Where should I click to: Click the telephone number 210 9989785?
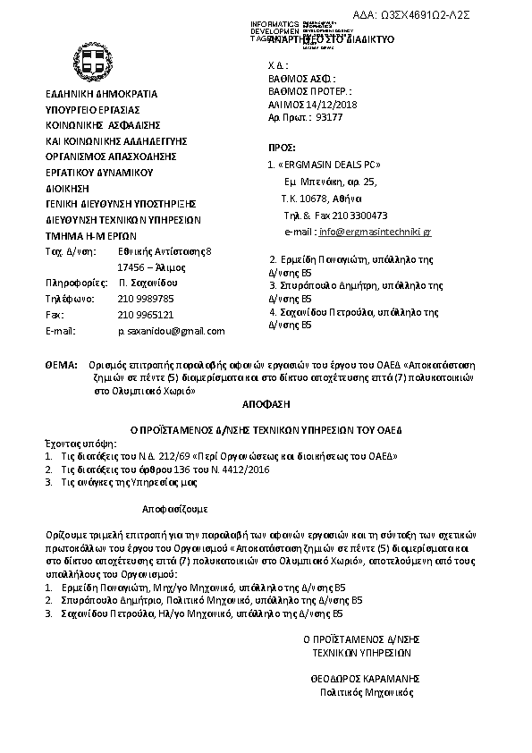click(146, 298)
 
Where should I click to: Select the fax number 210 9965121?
click(146, 314)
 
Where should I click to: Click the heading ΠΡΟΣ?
click(283, 146)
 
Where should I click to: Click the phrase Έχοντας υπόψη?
click(75, 443)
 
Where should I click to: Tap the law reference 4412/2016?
click(244, 469)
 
